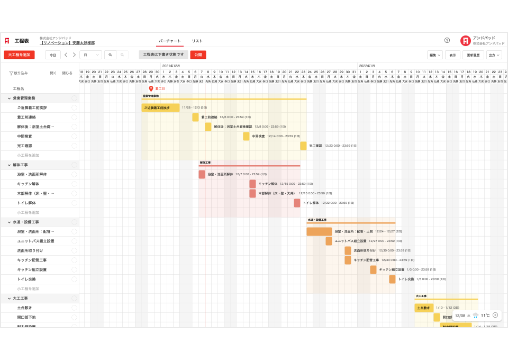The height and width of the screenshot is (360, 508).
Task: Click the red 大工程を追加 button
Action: tap(19, 55)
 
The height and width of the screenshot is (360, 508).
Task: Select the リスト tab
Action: tap(197, 41)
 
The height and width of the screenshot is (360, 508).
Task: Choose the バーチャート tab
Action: tap(170, 41)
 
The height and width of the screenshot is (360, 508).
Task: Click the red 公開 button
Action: tap(198, 55)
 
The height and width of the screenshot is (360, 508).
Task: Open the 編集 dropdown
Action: tap(434, 55)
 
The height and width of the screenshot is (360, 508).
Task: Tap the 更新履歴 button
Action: tap(473, 55)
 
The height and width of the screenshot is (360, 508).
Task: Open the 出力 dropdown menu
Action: tap(494, 55)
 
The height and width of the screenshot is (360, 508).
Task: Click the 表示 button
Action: tap(452, 55)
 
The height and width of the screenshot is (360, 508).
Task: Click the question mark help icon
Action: tap(447, 40)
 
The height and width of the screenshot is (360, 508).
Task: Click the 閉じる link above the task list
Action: tap(67, 73)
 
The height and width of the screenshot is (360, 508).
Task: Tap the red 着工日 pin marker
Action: tap(151, 89)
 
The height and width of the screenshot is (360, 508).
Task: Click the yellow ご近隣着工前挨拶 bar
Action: tap(160, 107)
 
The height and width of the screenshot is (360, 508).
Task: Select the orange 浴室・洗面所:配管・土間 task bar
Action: tap(319, 231)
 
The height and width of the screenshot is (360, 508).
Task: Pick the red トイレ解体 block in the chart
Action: tap(297, 203)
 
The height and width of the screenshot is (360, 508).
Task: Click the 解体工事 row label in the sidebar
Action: tap(21, 165)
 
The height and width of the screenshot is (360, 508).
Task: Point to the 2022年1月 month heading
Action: tap(367, 66)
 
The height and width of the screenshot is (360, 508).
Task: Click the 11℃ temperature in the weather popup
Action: tap(485, 316)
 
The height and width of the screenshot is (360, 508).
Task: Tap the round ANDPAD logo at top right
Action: tap(465, 41)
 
